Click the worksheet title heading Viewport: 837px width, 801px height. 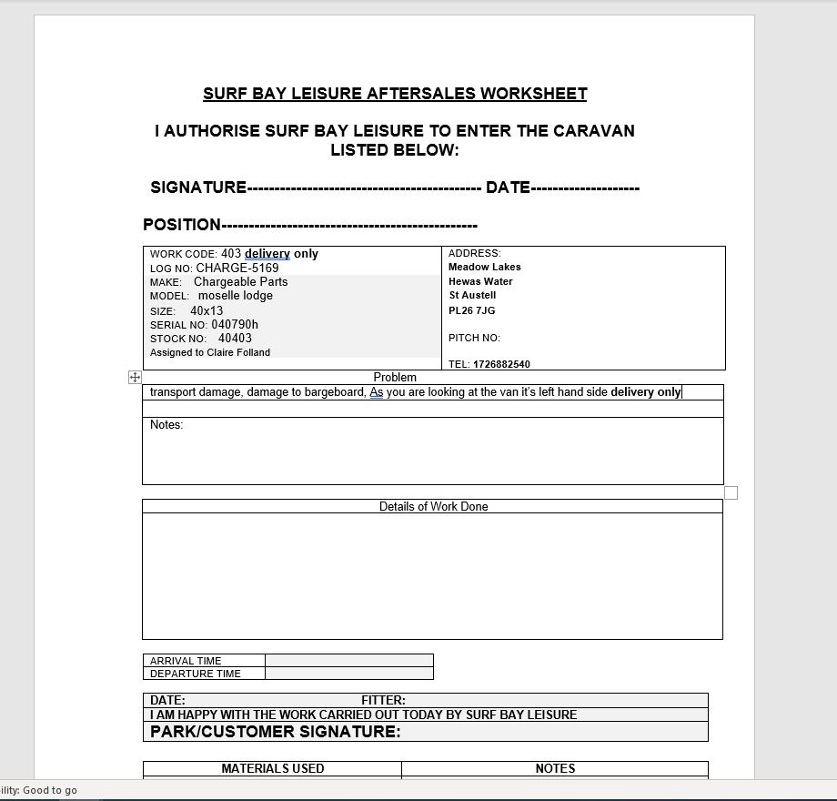[x=395, y=94]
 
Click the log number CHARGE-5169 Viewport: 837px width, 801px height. [x=237, y=269]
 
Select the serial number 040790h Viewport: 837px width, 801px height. [x=235, y=325]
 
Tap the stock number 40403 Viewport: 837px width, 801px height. [x=235, y=339]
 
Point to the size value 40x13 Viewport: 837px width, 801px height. [x=207, y=311]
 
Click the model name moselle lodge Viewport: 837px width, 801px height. [x=235, y=296]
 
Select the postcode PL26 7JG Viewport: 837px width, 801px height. [x=472, y=310]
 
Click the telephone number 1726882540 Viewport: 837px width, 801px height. [x=501, y=364]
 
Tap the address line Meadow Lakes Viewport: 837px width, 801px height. [x=485, y=268]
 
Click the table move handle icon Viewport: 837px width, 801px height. [x=135, y=377]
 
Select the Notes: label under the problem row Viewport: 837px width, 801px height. [x=166, y=425]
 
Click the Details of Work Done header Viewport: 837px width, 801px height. [x=433, y=507]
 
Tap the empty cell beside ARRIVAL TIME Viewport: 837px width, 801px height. [x=348, y=661]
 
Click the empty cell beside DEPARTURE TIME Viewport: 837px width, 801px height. [x=348, y=674]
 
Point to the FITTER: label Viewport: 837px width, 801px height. [x=383, y=701]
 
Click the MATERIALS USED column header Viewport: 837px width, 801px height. [x=272, y=769]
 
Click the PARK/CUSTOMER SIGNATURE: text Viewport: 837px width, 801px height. [x=275, y=732]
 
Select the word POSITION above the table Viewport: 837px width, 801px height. [x=182, y=225]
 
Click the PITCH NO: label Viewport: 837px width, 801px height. [x=474, y=338]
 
